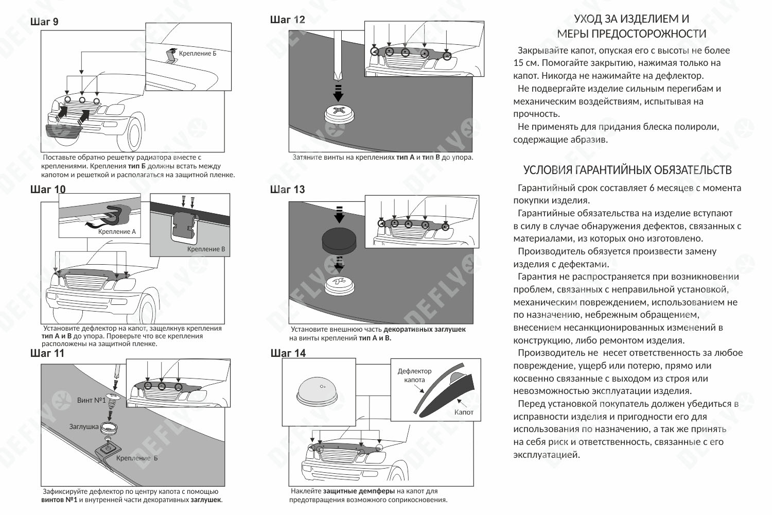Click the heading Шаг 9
click(44, 22)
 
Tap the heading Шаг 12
click(287, 20)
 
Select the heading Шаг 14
click(288, 353)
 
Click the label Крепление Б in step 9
click(198, 54)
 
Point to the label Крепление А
click(117, 232)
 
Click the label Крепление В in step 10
click(206, 249)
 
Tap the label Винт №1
click(91, 400)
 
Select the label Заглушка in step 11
click(83, 426)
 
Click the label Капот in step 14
click(464, 412)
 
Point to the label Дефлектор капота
click(414, 375)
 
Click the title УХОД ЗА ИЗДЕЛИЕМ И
click(631, 19)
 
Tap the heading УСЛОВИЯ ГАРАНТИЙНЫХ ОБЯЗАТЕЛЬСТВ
click(627, 170)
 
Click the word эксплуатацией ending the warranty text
click(546, 455)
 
